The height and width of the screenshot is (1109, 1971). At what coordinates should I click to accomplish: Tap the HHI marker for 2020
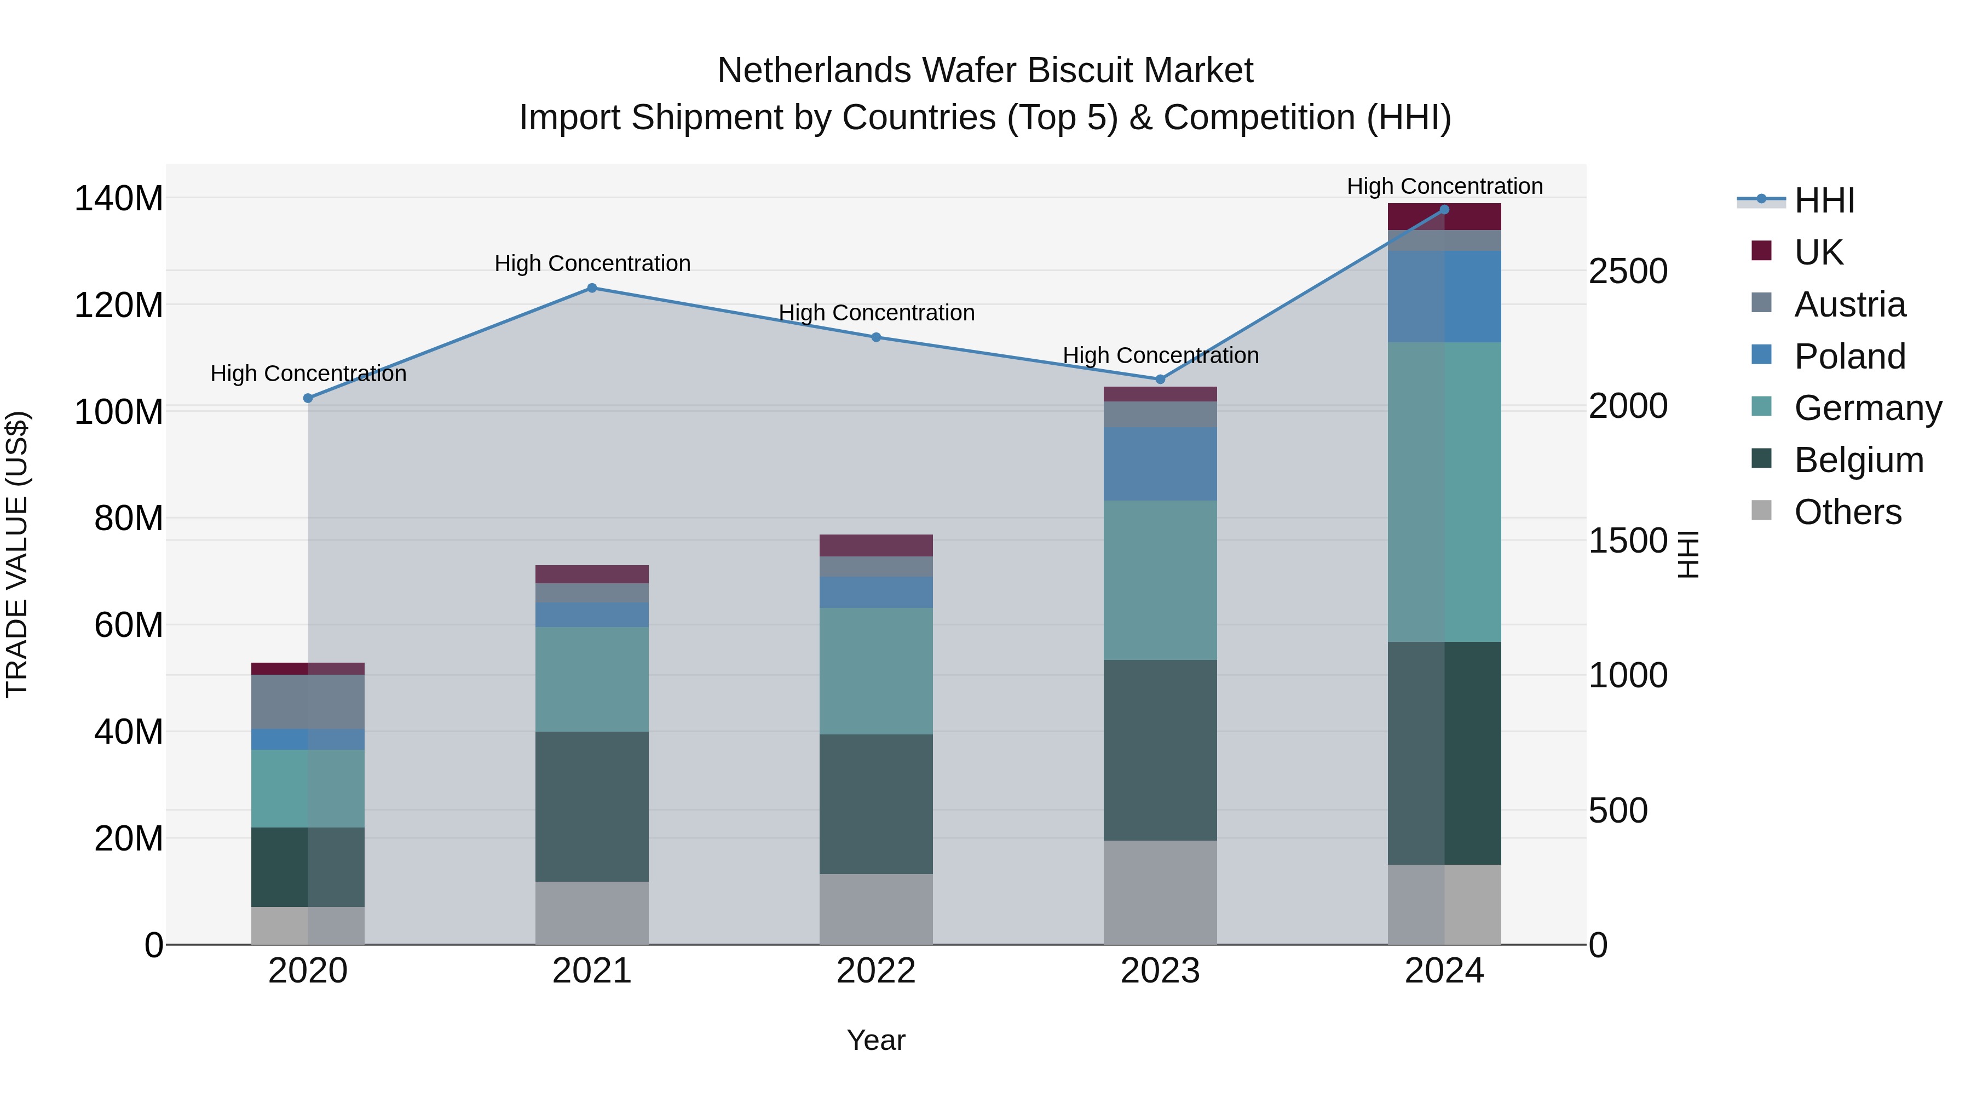[x=308, y=398]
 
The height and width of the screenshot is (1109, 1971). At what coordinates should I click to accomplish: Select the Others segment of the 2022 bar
[x=875, y=909]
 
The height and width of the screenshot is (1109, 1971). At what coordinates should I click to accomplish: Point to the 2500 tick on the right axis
[x=1628, y=272]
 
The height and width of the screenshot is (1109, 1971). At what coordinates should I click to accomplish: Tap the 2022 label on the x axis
[x=875, y=971]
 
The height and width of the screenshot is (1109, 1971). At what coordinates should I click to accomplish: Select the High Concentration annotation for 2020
[x=308, y=374]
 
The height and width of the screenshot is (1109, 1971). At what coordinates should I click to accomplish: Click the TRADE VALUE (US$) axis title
[x=17, y=554]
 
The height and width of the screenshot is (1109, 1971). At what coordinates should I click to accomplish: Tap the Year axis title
[x=875, y=1040]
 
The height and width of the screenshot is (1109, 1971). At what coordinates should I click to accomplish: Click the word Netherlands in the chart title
[x=814, y=71]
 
